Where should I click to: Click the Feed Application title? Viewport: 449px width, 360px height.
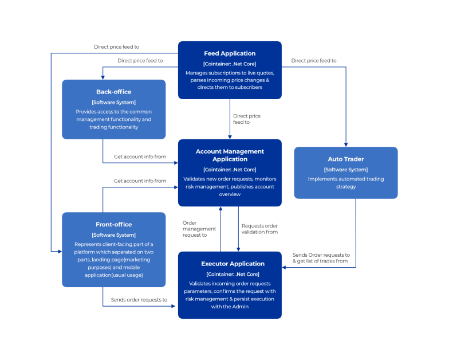[230, 53]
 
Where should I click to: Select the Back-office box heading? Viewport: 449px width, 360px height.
[113, 92]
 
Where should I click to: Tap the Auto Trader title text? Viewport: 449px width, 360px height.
[345, 159]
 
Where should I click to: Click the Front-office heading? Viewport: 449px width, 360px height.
[113, 225]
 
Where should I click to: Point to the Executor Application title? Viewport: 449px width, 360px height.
[230, 264]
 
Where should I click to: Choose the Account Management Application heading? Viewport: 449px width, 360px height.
[230, 155]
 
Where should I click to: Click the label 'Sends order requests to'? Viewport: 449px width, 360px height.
[140, 299]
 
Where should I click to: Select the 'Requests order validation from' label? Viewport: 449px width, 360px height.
[259, 229]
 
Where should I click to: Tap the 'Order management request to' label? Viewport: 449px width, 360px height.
[194, 229]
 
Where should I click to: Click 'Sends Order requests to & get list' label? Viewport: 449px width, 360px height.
[321, 258]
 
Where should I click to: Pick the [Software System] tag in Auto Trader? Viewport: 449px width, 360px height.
[345, 170]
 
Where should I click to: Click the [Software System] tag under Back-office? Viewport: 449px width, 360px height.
[113, 102]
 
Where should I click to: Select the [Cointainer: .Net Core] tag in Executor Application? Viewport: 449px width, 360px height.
[230, 274]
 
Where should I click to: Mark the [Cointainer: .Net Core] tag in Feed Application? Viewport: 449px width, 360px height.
[230, 64]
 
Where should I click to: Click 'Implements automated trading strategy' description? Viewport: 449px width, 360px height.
[345, 182]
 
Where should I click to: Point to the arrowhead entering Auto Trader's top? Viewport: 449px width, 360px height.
[346, 144]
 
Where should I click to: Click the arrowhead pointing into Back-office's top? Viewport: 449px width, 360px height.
[103, 77]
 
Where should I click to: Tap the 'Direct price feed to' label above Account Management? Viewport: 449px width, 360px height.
[246, 119]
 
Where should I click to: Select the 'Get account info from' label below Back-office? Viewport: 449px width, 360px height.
[140, 156]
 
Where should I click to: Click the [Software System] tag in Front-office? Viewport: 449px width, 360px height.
[113, 235]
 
